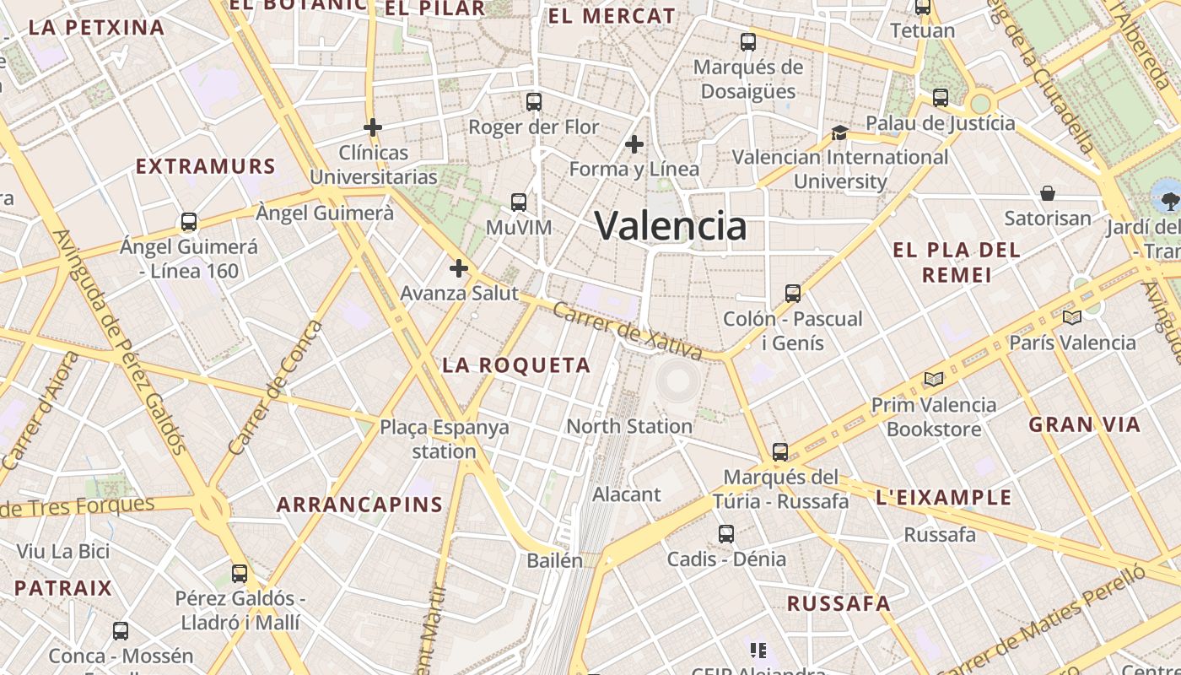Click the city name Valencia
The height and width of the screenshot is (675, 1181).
click(671, 226)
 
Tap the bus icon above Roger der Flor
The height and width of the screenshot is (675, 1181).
click(533, 102)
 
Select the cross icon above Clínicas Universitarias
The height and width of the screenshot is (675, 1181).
click(372, 127)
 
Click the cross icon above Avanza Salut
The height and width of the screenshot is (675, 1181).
click(458, 268)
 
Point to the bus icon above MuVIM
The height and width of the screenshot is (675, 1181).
click(519, 202)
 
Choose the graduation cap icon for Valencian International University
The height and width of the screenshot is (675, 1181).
click(839, 132)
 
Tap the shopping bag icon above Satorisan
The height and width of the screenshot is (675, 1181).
click(1048, 193)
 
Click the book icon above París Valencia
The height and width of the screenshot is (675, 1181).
click(1072, 317)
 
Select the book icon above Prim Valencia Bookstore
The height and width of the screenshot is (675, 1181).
click(933, 379)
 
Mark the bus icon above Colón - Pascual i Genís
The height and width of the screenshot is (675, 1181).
click(793, 294)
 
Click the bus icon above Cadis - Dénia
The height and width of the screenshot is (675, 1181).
click(726, 533)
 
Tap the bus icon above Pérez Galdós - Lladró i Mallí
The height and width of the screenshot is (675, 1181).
click(240, 574)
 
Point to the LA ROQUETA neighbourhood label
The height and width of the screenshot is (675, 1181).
click(516, 365)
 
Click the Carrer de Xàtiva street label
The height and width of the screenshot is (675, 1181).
click(628, 330)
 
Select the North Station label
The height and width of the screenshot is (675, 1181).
click(629, 426)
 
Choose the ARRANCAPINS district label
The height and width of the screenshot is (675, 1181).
click(360, 505)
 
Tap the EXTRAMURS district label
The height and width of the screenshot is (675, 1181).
click(206, 166)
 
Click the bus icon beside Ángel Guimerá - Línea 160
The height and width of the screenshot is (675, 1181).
click(189, 222)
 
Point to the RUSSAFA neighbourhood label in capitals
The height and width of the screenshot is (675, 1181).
click(839, 603)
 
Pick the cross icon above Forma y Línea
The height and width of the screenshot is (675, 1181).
click(634, 144)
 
